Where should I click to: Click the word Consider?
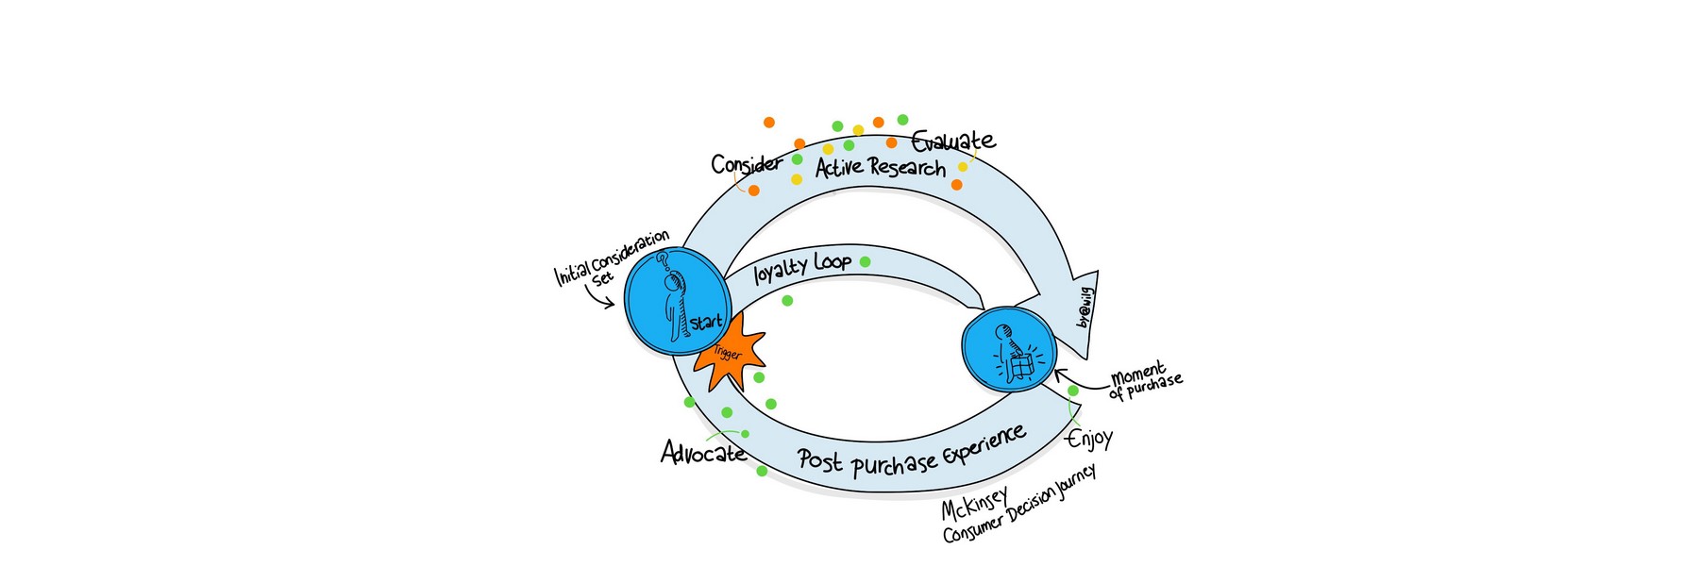pos(746,165)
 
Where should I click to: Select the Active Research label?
pos(880,168)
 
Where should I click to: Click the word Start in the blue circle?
pos(706,323)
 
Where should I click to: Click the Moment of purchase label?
pos(1145,378)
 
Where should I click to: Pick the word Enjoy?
pos(1089,439)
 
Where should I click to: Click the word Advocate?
pos(703,454)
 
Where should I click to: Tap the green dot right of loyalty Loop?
pos(865,261)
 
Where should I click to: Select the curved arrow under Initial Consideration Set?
pos(599,298)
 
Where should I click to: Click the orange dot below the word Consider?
pos(753,191)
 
